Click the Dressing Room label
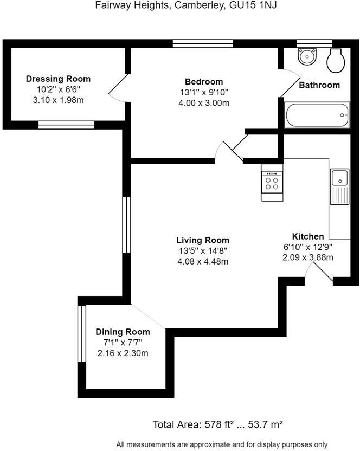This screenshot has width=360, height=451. pyautogui.click(x=58, y=79)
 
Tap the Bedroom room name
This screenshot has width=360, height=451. pyautogui.click(x=203, y=82)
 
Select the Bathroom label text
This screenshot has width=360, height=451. pyautogui.click(x=319, y=85)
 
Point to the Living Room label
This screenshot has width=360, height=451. pyautogui.click(x=203, y=240)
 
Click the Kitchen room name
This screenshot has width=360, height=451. pyautogui.click(x=308, y=236)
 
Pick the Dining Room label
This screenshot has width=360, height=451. pyautogui.click(x=123, y=332)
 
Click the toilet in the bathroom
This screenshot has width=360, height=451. pyautogui.click(x=335, y=60)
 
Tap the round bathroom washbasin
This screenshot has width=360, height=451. pyautogui.click(x=307, y=56)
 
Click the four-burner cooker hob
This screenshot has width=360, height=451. pyautogui.click(x=272, y=182)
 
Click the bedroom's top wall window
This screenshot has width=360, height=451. pyautogui.click(x=203, y=43)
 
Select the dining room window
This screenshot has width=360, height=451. pyautogui.click(x=82, y=333)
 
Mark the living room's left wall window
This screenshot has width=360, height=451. pyautogui.click(x=126, y=224)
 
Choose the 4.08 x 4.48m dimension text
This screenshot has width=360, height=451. pyautogui.click(x=203, y=261)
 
